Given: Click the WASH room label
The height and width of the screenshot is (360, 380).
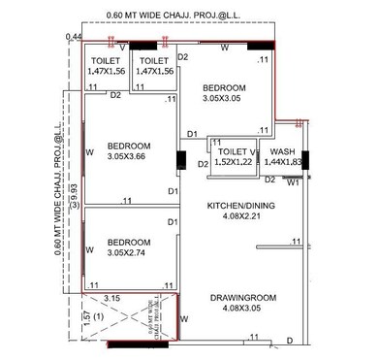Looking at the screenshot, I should coord(283,152).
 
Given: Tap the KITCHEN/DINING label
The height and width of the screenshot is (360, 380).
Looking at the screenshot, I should coord(243,207).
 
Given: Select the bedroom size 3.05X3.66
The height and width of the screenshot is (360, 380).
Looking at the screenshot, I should coord(129,155).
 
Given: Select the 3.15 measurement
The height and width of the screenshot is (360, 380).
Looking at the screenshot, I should coord(111,299).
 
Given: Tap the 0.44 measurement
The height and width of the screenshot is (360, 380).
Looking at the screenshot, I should coord(74,37).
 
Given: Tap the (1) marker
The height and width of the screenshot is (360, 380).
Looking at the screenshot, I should coord(98,317).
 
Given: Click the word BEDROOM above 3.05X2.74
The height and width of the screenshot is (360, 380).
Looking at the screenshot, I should coord(129,242).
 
